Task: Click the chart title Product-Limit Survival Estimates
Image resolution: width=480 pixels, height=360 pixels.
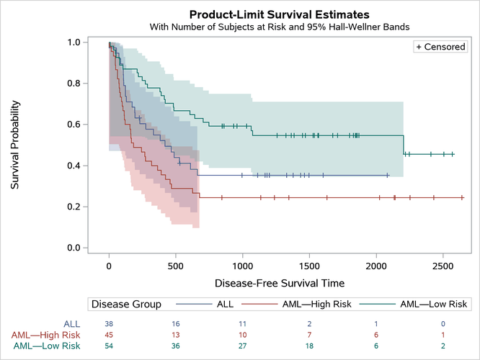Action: (x=279, y=14)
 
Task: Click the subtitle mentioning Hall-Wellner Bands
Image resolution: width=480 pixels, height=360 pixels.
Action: (x=279, y=27)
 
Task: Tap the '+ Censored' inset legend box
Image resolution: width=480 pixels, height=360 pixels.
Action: (x=440, y=47)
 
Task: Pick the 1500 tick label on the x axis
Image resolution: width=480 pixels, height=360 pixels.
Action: (x=309, y=265)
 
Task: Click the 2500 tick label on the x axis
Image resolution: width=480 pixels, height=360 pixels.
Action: (x=443, y=265)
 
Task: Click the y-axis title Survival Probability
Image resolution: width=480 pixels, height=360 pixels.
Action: (x=15, y=145)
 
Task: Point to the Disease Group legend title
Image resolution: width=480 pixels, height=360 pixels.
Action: (x=126, y=305)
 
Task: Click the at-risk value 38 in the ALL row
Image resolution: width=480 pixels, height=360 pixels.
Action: (x=109, y=324)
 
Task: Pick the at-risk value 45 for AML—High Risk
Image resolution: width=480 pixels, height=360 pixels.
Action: (x=109, y=335)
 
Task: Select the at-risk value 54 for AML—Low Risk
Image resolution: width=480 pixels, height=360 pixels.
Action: (x=109, y=346)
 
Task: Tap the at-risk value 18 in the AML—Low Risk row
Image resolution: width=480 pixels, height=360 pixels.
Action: (x=309, y=346)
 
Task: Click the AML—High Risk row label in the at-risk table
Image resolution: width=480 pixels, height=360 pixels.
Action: (x=45, y=335)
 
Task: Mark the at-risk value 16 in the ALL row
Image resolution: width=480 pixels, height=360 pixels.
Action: (x=176, y=324)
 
